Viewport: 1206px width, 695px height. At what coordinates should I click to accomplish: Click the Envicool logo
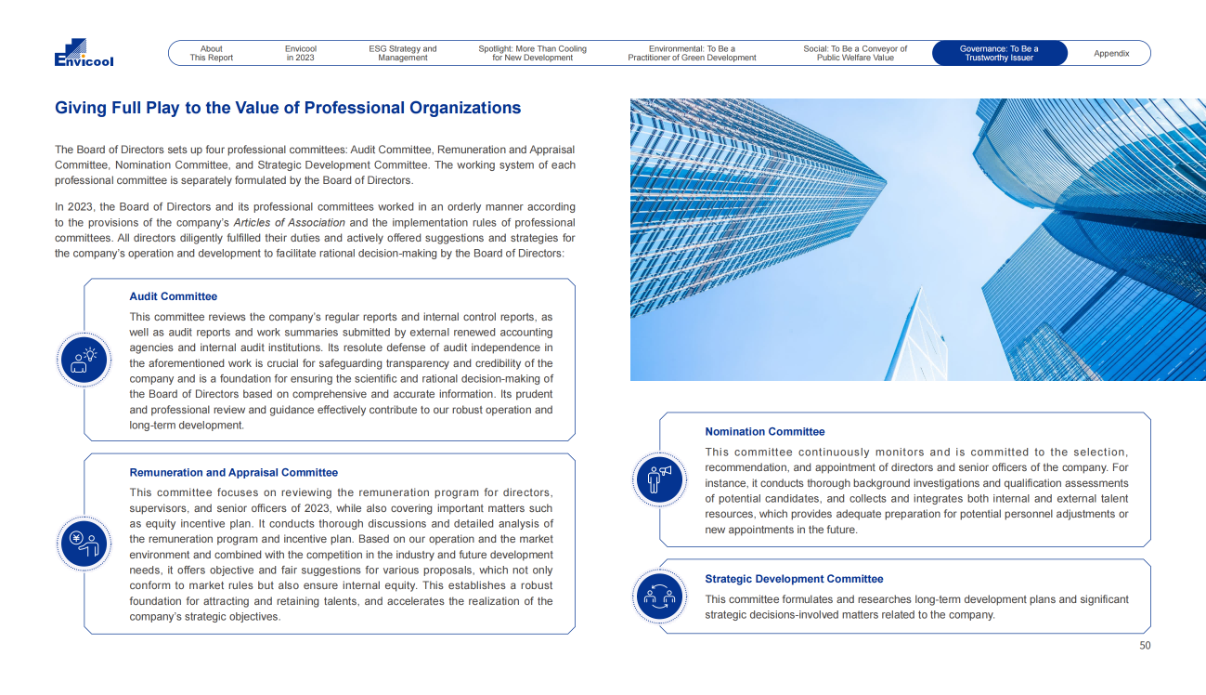(84, 53)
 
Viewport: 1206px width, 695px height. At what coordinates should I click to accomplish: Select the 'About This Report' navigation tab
(212, 53)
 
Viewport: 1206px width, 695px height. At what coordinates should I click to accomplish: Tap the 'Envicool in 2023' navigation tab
(301, 53)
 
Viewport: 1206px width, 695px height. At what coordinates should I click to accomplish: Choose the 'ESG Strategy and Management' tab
(403, 53)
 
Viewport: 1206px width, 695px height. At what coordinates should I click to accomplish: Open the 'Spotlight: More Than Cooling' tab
(532, 53)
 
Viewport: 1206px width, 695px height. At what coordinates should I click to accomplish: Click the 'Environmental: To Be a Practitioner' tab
(692, 53)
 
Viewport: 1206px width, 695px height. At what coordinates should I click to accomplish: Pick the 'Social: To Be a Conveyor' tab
(855, 53)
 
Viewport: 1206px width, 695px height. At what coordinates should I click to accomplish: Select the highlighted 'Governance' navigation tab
(999, 53)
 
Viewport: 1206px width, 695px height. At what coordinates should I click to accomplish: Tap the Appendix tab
(1111, 53)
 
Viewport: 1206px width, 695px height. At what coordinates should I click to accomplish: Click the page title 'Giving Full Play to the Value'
(288, 108)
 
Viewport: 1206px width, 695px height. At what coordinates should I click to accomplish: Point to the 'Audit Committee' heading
(174, 296)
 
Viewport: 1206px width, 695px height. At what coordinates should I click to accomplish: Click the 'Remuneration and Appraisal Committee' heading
(234, 472)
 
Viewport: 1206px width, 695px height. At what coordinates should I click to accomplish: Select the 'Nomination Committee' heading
(765, 431)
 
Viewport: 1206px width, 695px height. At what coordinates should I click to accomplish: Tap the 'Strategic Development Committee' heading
(794, 579)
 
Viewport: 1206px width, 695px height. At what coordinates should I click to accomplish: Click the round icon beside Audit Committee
(84, 360)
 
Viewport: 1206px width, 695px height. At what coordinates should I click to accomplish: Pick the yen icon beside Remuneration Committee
(84, 544)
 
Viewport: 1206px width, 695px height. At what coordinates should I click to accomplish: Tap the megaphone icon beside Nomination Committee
(660, 479)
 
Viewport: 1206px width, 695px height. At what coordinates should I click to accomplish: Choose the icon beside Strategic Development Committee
(660, 596)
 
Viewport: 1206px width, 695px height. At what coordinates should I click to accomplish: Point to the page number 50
(1145, 646)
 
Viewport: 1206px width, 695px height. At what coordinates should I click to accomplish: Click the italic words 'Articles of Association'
(289, 223)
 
